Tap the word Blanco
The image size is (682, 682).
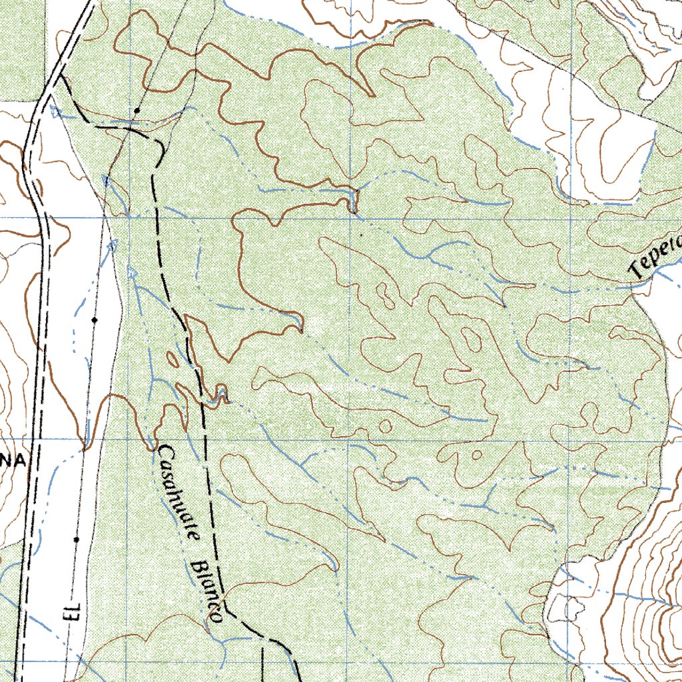[x=205, y=589]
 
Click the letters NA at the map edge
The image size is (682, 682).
[x=13, y=461]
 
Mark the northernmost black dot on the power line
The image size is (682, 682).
[x=137, y=109]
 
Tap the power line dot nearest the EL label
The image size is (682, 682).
[x=77, y=538]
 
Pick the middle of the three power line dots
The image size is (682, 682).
[x=95, y=320]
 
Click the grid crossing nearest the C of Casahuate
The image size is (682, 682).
[x=127, y=440]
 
